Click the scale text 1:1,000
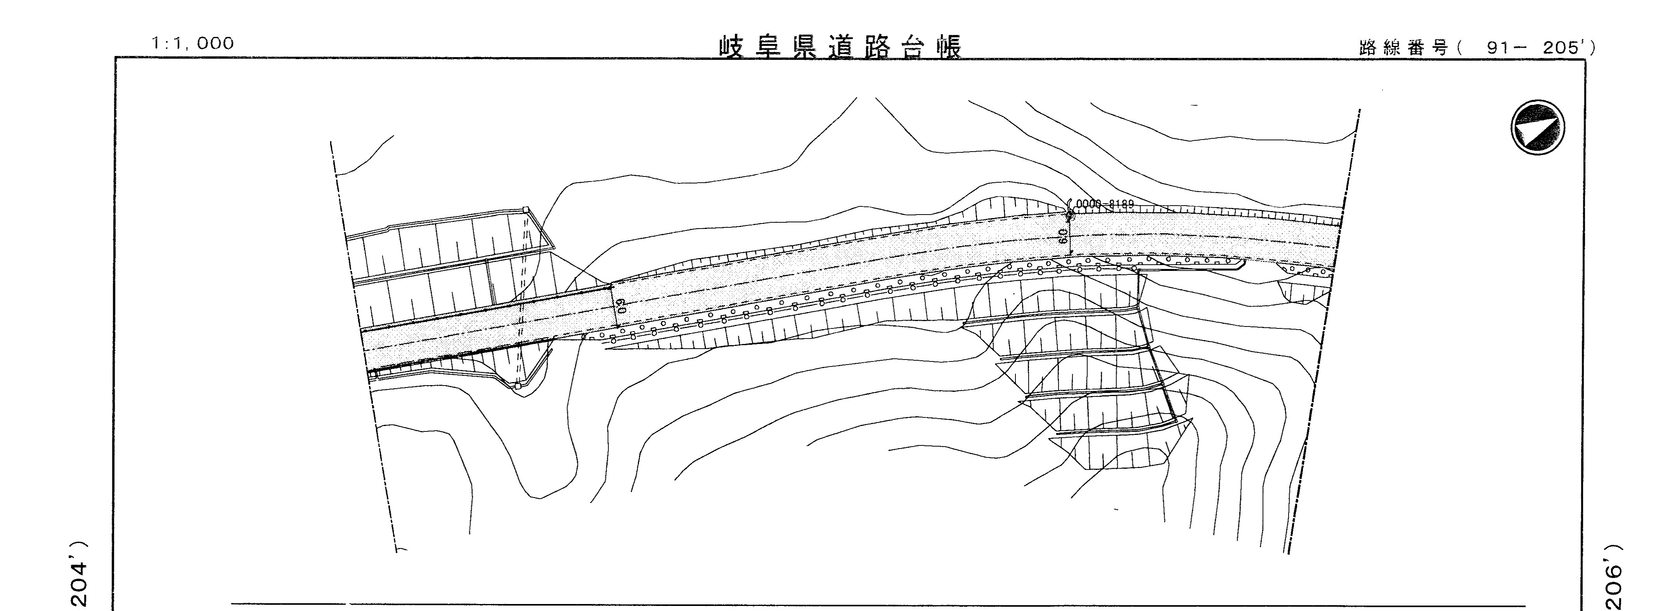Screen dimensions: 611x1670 (x=193, y=44)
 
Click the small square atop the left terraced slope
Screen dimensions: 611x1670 (x=526, y=209)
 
